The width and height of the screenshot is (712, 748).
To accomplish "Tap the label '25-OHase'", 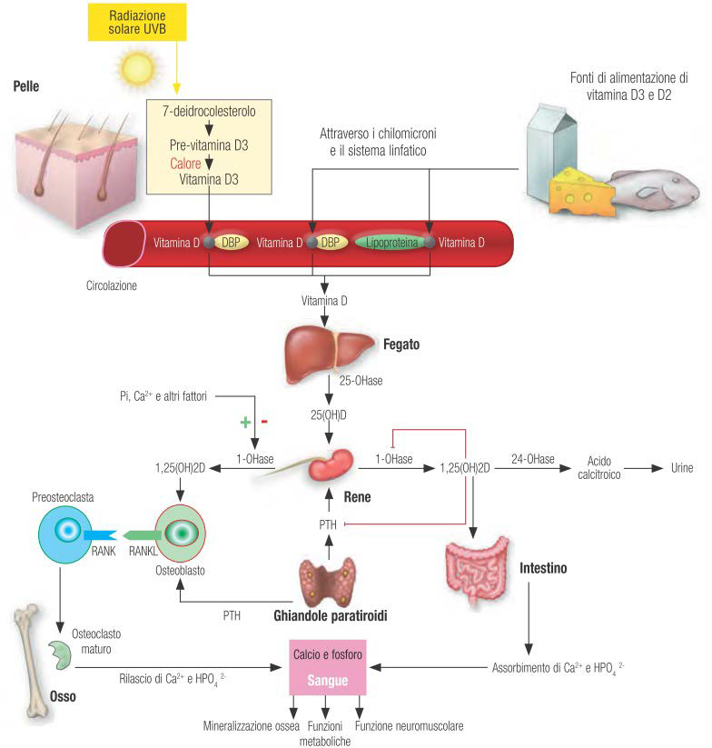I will (x=359, y=384).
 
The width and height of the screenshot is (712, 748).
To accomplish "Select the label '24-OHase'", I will (x=532, y=459).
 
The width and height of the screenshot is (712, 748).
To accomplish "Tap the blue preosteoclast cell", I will (x=65, y=532).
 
